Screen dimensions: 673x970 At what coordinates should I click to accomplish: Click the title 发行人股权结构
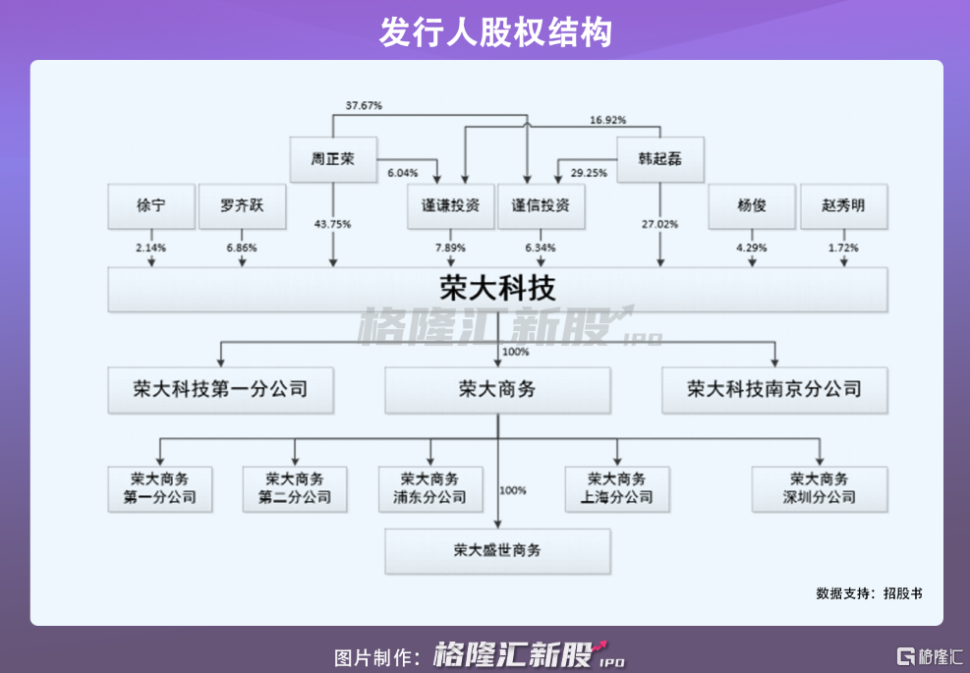pos(485,31)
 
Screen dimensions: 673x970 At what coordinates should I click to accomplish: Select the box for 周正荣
pos(333,159)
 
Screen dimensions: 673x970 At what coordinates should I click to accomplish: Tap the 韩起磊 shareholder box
pos(659,159)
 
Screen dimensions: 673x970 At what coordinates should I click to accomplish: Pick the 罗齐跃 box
pos(242,206)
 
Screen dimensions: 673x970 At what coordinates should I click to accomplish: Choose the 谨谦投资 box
pos(450,206)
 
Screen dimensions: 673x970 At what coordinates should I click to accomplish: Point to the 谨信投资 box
pos(541,206)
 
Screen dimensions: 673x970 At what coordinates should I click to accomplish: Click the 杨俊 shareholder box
pos(752,206)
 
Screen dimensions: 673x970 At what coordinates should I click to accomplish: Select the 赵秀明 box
pos(843,206)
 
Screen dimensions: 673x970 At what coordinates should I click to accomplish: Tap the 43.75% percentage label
pos(333,224)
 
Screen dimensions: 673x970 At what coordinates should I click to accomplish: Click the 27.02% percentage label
pos(659,224)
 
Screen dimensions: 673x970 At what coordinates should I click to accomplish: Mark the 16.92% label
pos(608,120)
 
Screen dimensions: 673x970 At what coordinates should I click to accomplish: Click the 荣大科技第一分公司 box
pos(221,389)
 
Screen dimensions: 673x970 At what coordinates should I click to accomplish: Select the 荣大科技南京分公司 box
pos(774,389)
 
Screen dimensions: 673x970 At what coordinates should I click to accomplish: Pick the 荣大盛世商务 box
pos(497,550)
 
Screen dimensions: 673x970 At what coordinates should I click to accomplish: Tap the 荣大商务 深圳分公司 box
pos(820,488)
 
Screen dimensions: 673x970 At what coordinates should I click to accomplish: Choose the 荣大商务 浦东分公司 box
pos(429,488)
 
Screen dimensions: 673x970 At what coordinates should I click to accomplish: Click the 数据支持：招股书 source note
pos(869,593)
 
